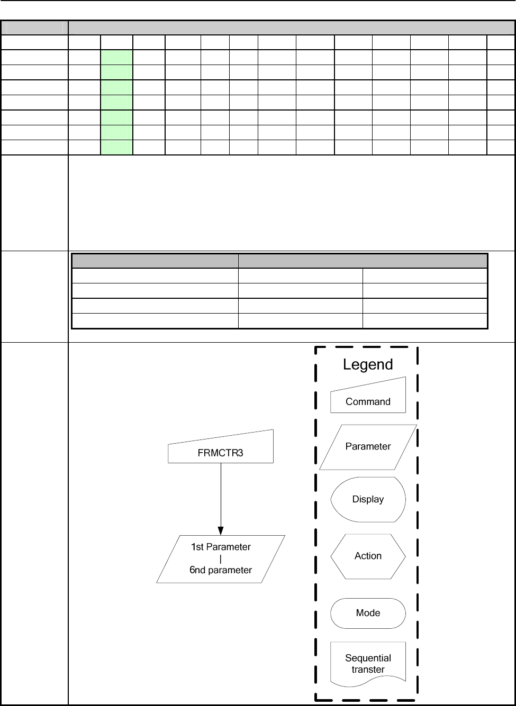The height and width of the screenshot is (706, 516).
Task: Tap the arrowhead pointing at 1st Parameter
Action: point(221,530)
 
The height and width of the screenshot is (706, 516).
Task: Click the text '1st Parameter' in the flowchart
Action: point(221,547)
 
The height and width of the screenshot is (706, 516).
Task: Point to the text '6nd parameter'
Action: point(221,570)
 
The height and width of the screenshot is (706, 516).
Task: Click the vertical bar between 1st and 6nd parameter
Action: point(221,558)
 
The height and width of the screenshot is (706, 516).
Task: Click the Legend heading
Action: point(368,364)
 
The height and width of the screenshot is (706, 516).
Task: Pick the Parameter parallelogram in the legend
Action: point(368,446)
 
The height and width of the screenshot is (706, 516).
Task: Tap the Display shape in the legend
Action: point(368,499)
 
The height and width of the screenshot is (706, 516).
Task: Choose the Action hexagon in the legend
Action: point(368,556)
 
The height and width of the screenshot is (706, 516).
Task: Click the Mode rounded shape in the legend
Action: point(368,613)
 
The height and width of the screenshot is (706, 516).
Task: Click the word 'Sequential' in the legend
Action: point(368,658)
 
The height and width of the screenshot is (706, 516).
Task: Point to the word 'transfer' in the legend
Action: point(368,670)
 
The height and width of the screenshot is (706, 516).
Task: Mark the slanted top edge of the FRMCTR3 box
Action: point(221,437)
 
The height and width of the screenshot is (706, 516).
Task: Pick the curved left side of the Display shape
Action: point(333,499)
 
